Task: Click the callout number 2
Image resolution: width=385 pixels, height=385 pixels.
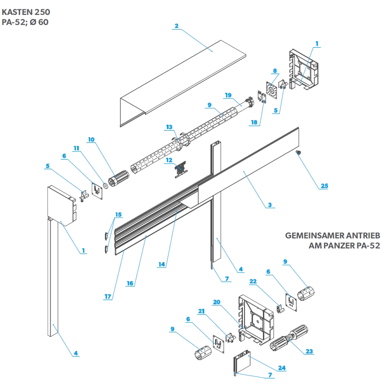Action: [176, 26]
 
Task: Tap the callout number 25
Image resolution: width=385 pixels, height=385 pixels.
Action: [324, 186]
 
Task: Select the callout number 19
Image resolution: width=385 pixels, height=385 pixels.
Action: [228, 95]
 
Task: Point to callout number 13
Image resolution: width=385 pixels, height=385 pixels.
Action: [169, 127]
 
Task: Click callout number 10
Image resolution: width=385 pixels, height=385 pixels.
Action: [91, 139]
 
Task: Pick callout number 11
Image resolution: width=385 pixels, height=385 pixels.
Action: [76, 148]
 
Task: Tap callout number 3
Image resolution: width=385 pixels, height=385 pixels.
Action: [270, 205]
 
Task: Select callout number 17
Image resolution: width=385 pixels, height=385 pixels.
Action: [108, 297]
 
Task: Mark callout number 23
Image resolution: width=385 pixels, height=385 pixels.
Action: [309, 351]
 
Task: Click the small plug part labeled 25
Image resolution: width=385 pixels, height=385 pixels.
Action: [298, 153]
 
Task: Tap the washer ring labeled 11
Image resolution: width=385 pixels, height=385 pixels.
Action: [106, 185]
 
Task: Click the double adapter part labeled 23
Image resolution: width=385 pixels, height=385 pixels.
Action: [289, 339]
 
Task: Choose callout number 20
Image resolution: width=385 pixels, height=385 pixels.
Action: [216, 302]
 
